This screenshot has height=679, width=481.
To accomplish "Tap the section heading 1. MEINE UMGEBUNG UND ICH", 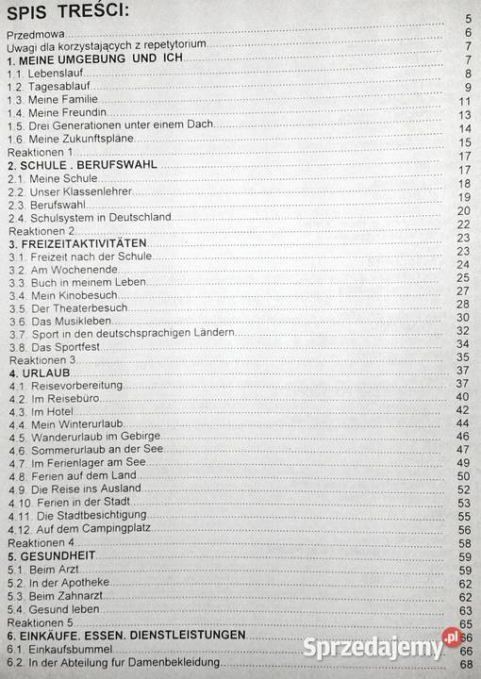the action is pos(93,59).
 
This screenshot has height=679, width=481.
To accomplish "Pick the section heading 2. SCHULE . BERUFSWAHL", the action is pos(81,164).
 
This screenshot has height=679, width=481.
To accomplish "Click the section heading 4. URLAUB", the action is pos(36,373).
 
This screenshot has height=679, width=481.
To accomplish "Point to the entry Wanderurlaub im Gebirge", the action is pos(84,437).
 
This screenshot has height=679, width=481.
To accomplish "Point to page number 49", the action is pos(463,463).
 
